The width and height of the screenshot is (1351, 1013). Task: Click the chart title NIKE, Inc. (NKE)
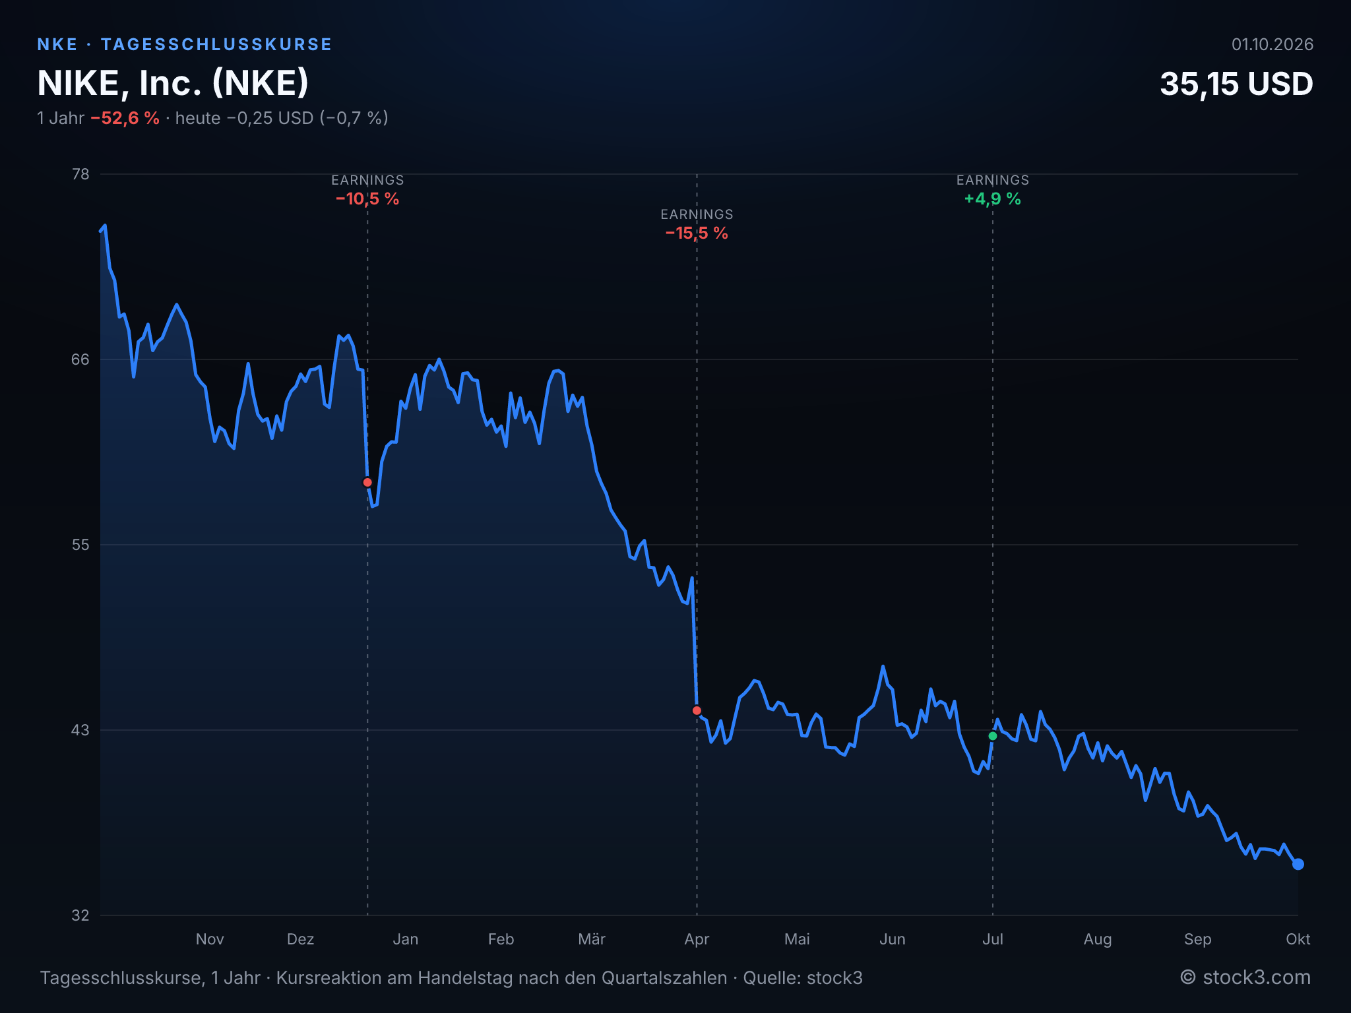click(173, 83)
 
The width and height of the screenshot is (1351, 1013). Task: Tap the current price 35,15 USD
click(1236, 84)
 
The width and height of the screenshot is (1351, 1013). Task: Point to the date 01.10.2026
click(1272, 44)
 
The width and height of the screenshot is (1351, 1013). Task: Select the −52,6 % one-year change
click(125, 118)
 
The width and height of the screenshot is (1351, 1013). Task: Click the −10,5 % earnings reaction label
click(367, 199)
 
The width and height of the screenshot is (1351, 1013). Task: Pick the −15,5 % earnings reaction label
click(697, 233)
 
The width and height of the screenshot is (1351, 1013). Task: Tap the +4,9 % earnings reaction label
click(993, 199)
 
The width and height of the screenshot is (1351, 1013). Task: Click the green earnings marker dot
click(993, 736)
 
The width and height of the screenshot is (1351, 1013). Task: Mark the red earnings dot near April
click(697, 710)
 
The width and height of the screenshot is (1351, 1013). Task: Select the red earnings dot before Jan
click(367, 482)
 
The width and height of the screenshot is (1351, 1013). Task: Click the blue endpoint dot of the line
click(1298, 864)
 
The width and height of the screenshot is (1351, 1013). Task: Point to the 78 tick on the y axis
click(80, 174)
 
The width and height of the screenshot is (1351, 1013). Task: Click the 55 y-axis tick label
click(80, 545)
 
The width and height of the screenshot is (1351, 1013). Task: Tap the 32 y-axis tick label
click(80, 915)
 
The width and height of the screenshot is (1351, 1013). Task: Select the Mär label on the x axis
click(592, 939)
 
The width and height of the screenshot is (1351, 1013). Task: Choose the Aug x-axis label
click(1098, 940)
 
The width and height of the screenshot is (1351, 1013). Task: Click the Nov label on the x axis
click(210, 939)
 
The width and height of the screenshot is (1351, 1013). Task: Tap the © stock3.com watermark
click(1245, 977)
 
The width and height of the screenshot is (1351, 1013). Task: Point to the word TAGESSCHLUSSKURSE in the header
click(216, 44)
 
